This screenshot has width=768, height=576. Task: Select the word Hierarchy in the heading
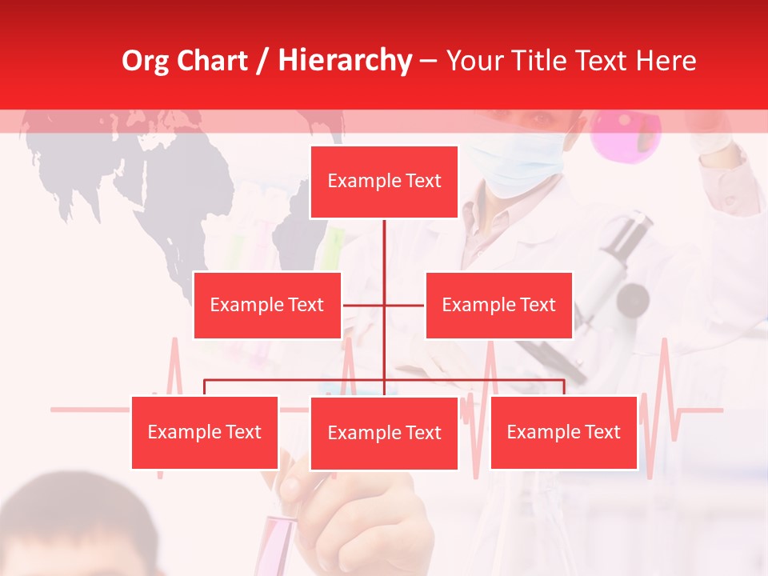tap(345, 61)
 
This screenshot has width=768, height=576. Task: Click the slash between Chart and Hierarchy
tap(261, 62)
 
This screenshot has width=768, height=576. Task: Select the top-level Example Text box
tap(384, 182)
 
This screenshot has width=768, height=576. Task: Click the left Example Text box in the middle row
tap(267, 305)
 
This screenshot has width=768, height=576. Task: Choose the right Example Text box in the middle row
tap(498, 305)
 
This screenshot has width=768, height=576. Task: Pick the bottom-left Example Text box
tap(205, 432)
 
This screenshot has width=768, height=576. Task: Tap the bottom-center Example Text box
tap(384, 433)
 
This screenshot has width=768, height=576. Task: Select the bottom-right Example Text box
tap(563, 432)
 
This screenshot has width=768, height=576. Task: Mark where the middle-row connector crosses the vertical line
tap(384, 305)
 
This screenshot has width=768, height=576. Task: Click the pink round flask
tap(626, 133)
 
